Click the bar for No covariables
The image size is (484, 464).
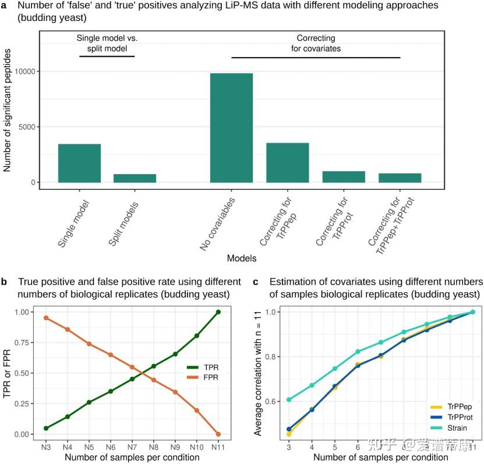tap(231, 127)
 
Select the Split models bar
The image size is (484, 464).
tap(135, 178)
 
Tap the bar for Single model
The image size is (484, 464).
tap(79, 163)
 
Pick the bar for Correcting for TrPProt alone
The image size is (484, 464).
tap(344, 177)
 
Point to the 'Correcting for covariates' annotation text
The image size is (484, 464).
tap(316, 44)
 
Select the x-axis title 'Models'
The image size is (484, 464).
tap(241, 257)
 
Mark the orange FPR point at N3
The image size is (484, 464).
tap(45, 318)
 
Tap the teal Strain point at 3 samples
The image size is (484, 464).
tap(289, 400)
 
